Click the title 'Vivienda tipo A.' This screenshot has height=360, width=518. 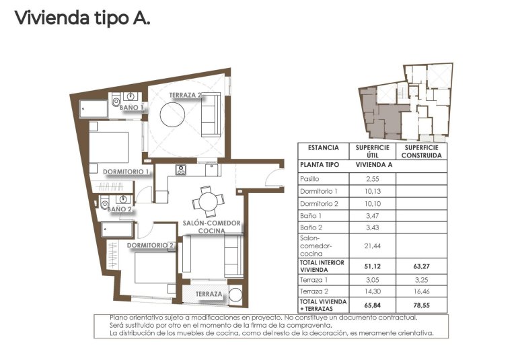(x=82, y=19)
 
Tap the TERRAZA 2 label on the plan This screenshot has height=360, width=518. (x=186, y=96)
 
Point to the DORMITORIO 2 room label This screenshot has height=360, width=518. (x=151, y=246)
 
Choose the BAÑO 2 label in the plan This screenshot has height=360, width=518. (x=120, y=209)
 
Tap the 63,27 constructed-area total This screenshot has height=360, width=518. (x=421, y=266)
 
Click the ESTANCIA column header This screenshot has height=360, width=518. (x=323, y=147)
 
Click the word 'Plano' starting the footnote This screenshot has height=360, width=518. (x=119, y=317)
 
